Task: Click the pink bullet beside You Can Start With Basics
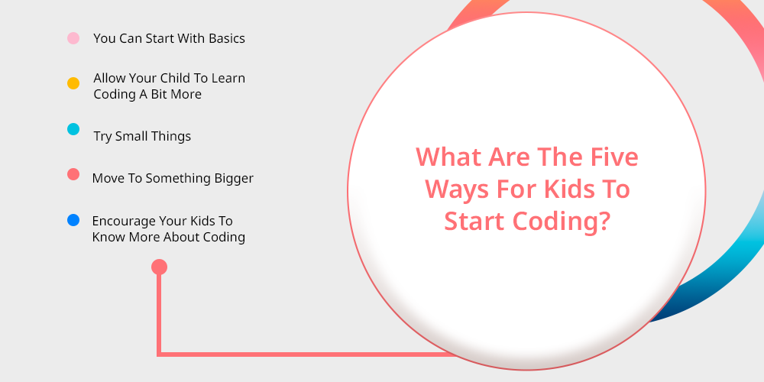(x=73, y=38)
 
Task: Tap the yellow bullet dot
(x=73, y=83)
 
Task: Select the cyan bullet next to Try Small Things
(x=73, y=129)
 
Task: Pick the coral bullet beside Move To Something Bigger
(x=73, y=174)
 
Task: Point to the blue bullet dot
(x=73, y=220)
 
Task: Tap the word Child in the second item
(x=176, y=78)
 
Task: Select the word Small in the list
(x=131, y=136)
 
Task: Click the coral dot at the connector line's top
(x=159, y=267)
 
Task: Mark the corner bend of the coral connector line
(x=159, y=354)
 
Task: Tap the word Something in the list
(x=178, y=179)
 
